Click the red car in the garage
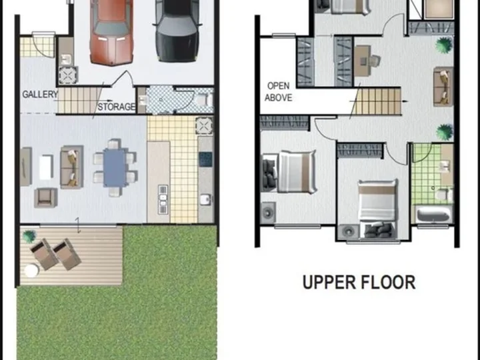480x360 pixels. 111,32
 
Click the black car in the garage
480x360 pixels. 177,31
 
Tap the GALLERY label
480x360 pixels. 40,94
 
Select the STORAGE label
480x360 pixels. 116,107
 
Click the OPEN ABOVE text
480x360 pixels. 278,91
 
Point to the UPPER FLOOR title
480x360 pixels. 359,282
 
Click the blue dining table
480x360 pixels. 115,167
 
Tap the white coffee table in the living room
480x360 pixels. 46,167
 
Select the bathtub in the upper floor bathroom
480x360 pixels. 434,214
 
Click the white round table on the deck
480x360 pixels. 31,271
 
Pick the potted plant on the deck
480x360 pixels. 29,236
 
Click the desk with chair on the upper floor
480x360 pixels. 367,61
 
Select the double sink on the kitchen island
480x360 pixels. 163,199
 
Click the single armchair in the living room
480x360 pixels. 45,198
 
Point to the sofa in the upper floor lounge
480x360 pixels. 443,87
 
